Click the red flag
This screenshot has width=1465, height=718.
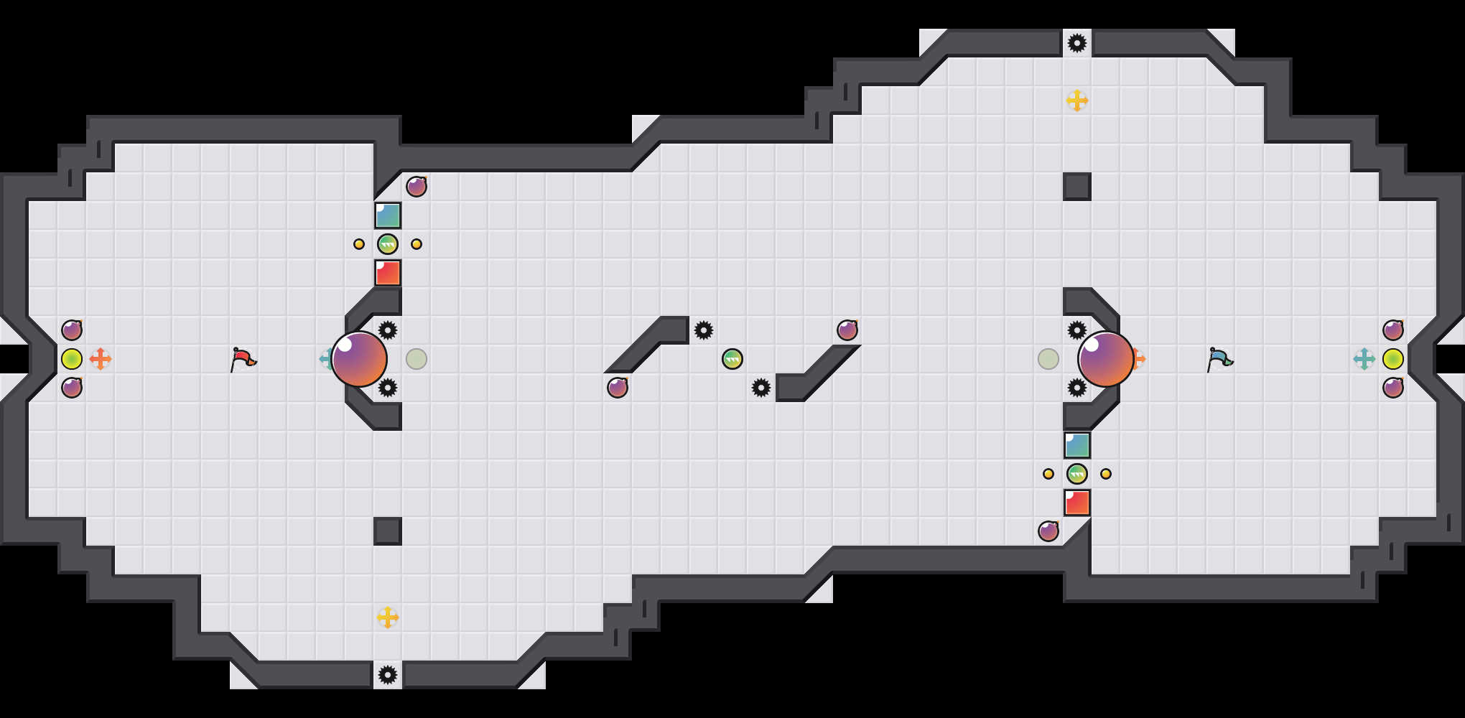(243, 359)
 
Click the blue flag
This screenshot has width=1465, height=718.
(1219, 359)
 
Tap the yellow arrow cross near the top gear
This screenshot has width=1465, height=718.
(1077, 101)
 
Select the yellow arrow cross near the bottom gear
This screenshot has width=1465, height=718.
(388, 617)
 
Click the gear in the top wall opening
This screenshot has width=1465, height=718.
(1077, 43)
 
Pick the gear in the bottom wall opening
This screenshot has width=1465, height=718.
(388, 675)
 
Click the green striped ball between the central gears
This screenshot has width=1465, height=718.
(732, 359)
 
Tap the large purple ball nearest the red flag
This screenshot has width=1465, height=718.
(359, 359)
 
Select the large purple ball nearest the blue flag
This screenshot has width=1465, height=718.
(1106, 359)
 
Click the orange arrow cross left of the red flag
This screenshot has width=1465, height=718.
(101, 359)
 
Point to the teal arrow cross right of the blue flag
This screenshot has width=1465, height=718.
(1364, 359)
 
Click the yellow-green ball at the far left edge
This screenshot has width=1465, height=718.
(72, 359)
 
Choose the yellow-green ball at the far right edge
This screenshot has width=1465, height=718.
(1393, 359)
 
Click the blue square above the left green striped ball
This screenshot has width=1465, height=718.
(388, 215)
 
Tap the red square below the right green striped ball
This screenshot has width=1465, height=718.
(1077, 503)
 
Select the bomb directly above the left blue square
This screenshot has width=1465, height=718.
(417, 187)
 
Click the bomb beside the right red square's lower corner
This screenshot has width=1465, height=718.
(1048, 531)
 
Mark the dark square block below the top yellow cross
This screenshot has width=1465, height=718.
(1077, 187)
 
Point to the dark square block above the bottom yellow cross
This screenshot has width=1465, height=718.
(388, 531)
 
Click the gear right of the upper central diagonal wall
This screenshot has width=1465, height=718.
(704, 330)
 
